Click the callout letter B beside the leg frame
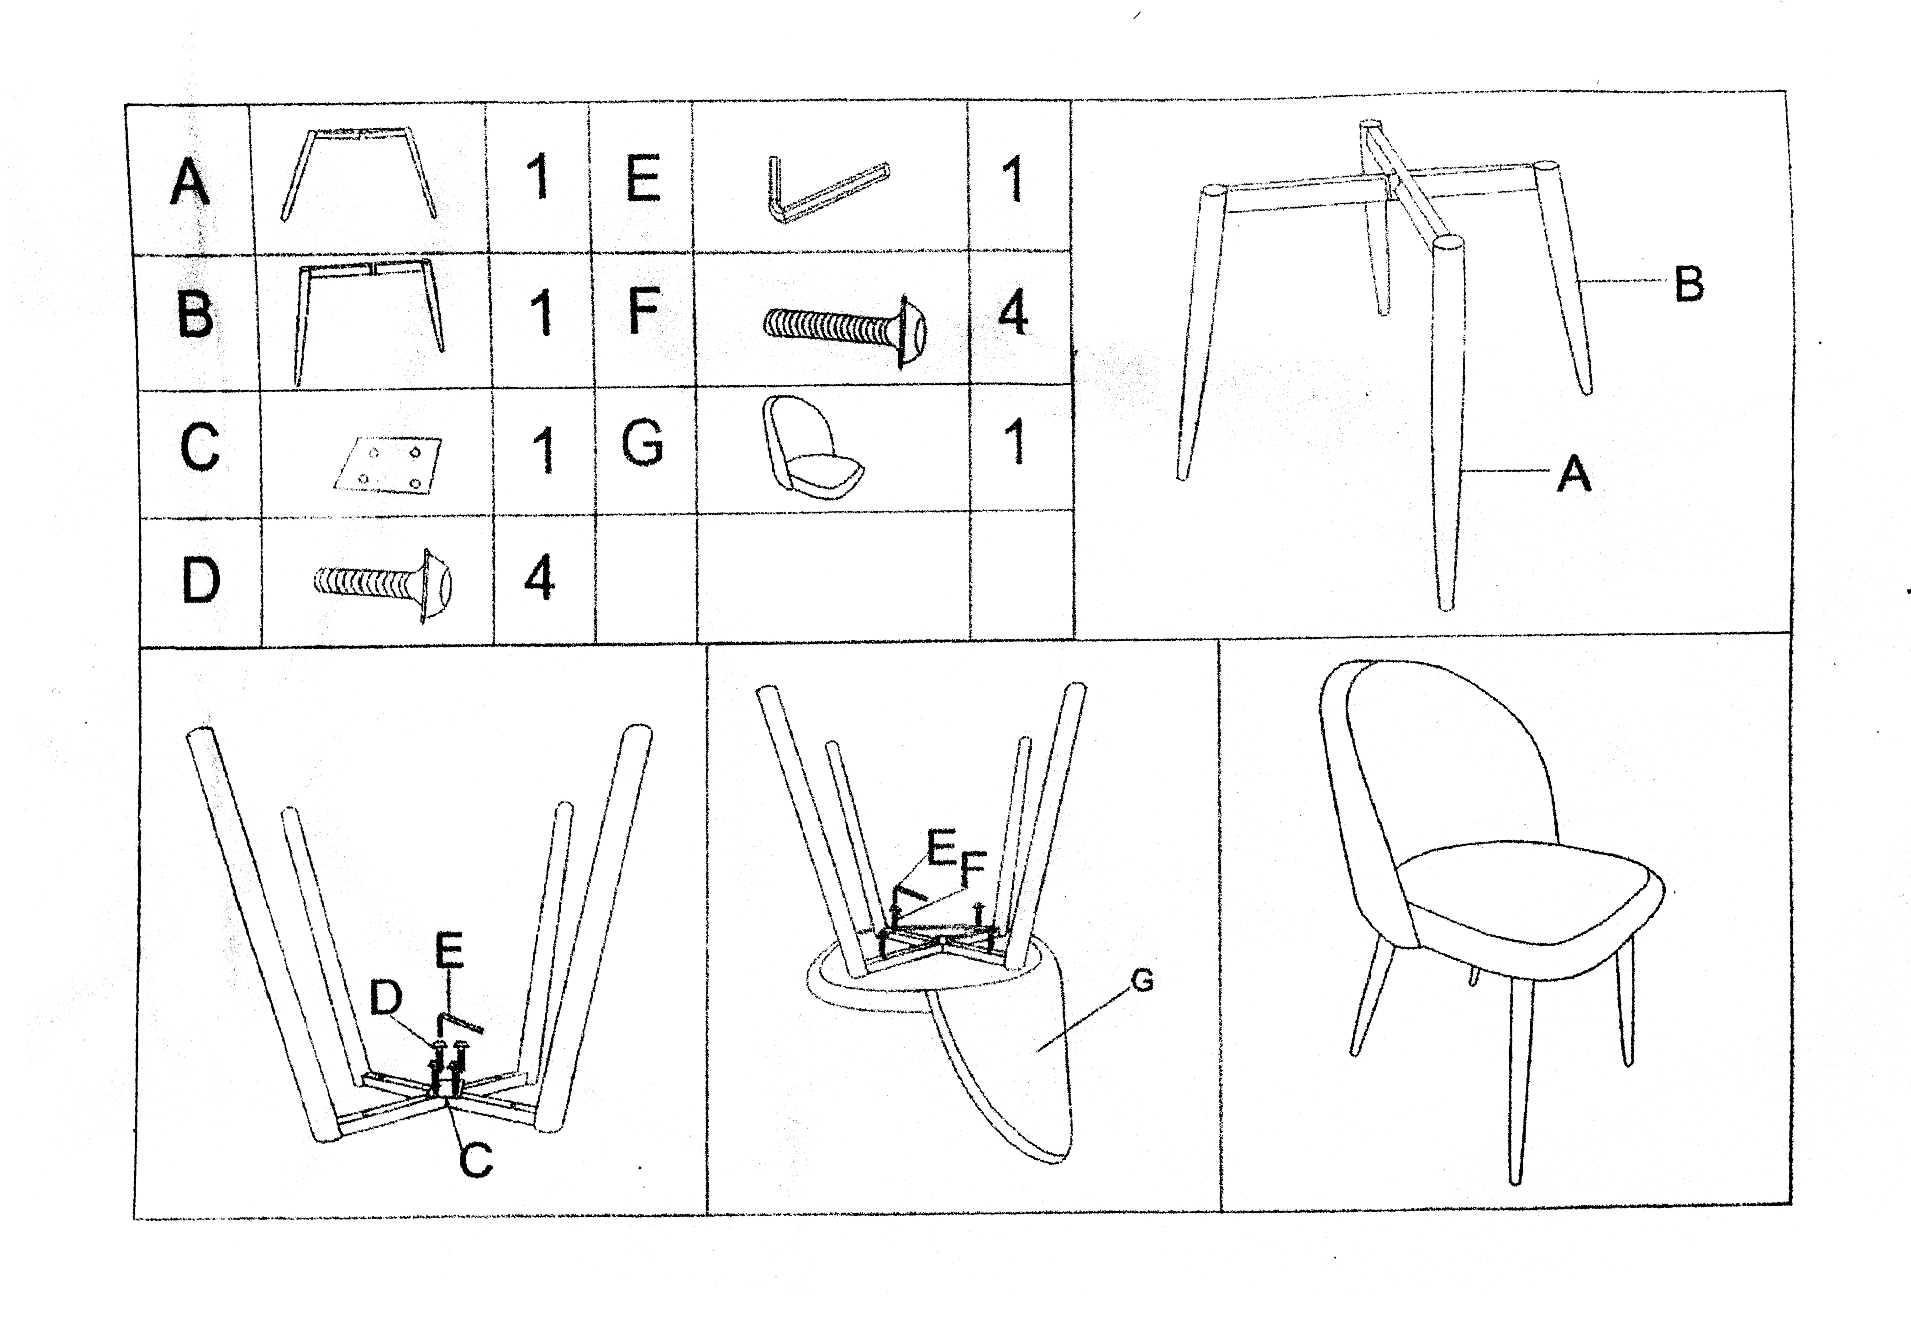click(1689, 284)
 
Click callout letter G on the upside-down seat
click(1142, 981)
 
